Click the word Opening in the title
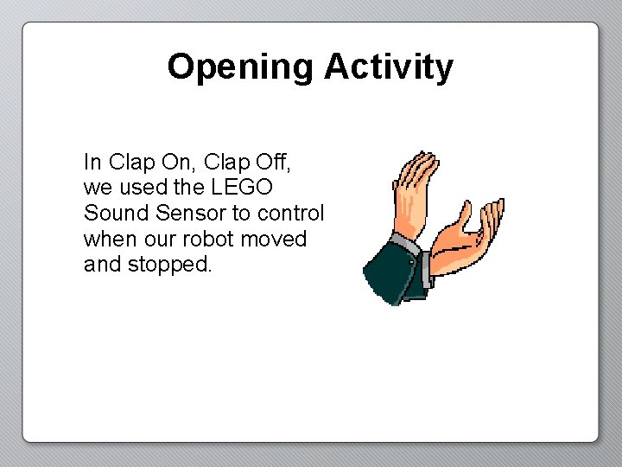241,67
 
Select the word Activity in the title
388,67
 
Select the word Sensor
187,213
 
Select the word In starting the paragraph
92,162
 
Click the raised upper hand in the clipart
415,190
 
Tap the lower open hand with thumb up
466,238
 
